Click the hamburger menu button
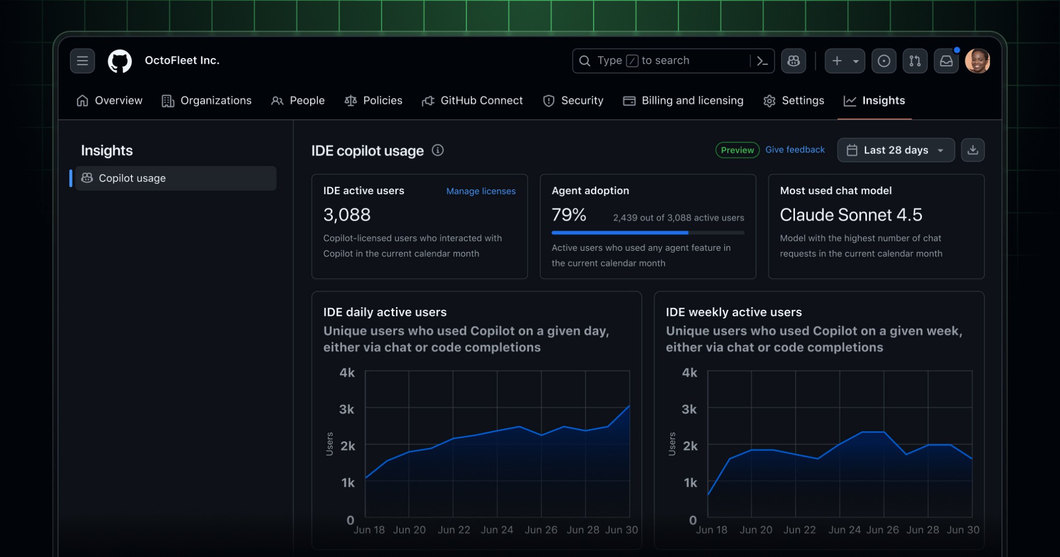click(82, 61)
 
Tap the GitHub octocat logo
click(120, 61)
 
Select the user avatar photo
click(977, 61)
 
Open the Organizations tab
click(207, 101)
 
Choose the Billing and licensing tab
click(683, 101)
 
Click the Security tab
click(573, 101)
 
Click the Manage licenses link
click(480, 191)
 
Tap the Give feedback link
click(794, 150)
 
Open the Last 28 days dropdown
click(895, 150)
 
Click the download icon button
click(973, 150)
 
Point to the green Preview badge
click(737, 150)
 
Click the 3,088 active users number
click(347, 215)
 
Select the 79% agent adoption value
click(569, 215)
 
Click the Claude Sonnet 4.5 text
click(851, 215)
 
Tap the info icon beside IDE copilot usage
click(438, 150)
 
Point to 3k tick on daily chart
click(347, 409)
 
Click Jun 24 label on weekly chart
click(844, 530)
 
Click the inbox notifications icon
click(946, 61)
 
